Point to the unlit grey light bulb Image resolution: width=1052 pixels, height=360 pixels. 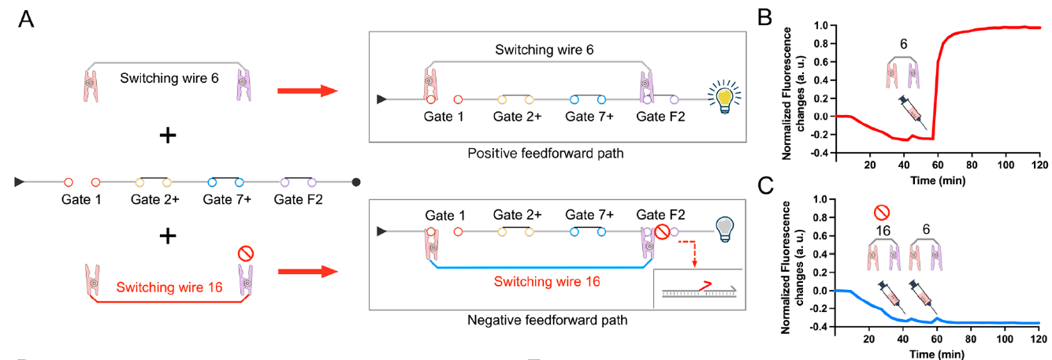(723, 229)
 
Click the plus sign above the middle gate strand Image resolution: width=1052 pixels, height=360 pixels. (168, 135)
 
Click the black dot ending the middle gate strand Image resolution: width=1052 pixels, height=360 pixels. (356, 182)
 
